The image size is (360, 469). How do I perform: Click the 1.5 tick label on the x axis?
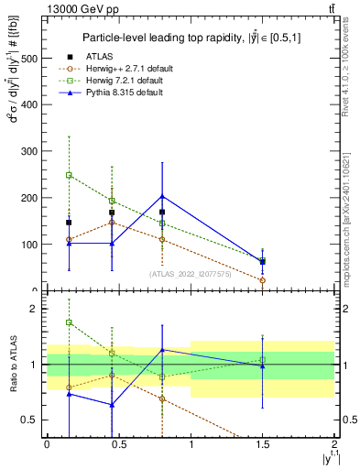point(263,444)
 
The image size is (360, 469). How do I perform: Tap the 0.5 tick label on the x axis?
point(119,444)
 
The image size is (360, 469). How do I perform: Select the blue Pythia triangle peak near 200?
point(162,196)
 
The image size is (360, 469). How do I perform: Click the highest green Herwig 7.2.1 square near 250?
point(69,174)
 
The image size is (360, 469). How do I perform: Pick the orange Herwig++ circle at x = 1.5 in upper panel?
point(263,280)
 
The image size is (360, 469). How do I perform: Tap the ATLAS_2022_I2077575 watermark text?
point(191,273)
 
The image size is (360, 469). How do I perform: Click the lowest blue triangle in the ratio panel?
point(112,404)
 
